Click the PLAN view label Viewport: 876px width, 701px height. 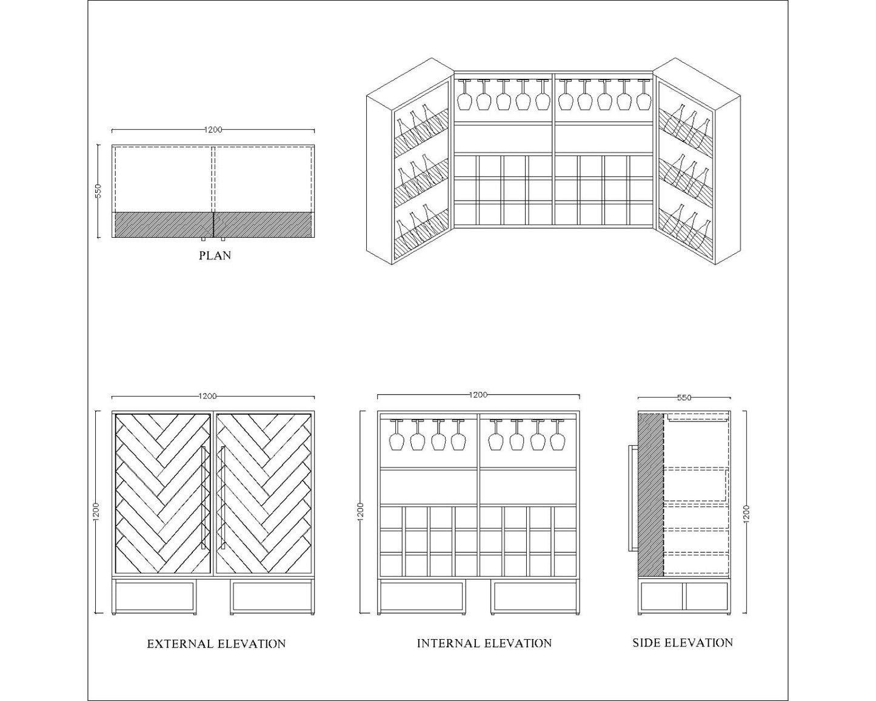215,256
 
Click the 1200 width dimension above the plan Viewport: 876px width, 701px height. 213,130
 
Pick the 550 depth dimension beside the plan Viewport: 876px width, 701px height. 98,191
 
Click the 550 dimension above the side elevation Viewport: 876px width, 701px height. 684,398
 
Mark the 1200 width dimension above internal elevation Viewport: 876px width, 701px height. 478,395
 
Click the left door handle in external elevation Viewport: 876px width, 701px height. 203,498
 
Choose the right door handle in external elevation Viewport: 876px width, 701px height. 222,498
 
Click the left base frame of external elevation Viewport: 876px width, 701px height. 155,596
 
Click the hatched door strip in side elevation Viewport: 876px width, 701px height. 651,494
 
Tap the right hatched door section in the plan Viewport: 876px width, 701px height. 263,224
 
